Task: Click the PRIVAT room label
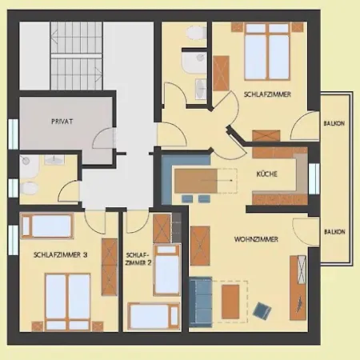pos(62,122)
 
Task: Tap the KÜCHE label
pos(267,174)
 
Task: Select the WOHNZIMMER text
pos(256,239)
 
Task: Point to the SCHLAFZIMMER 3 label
pos(60,254)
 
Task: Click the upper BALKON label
pos(334,123)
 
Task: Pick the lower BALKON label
pos(334,232)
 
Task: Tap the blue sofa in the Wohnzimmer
pos(201,302)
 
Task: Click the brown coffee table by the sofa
pos(230,302)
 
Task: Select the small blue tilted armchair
pos(262,310)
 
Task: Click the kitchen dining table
pos(196,181)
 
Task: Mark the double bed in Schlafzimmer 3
pos(68,302)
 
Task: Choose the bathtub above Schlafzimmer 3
pos(46,226)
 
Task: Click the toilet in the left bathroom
pos(29,188)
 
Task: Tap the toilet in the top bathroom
pos(197,33)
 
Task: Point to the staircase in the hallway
pos(77,56)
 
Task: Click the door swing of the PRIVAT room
pos(104,138)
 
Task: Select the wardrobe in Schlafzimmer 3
pos(110,267)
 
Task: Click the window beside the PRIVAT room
pos(13,134)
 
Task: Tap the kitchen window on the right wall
pos(314,178)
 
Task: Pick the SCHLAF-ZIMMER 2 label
pos(138,259)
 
